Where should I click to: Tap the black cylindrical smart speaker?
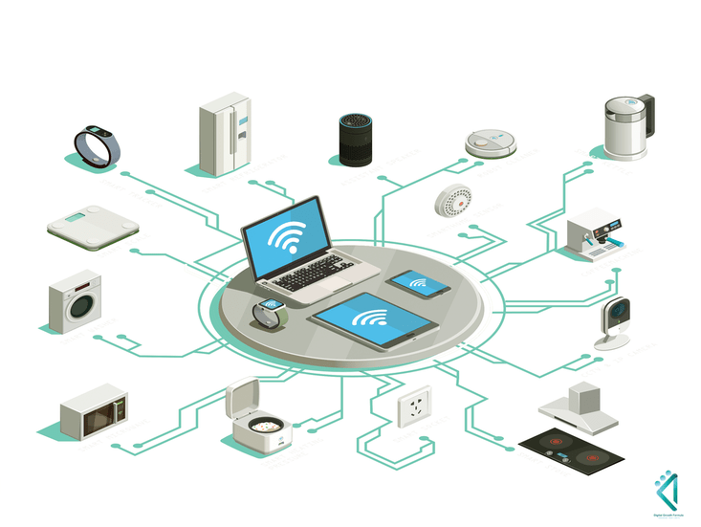tap(354, 143)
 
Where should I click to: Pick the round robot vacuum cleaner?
tap(491, 143)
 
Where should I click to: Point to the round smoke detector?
tap(453, 200)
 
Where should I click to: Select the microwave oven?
tap(94, 410)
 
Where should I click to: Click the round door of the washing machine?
tap(83, 303)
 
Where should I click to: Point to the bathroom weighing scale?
tap(93, 226)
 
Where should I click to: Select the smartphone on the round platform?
tap(416, 281)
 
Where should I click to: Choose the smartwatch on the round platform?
tap(269, 312)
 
